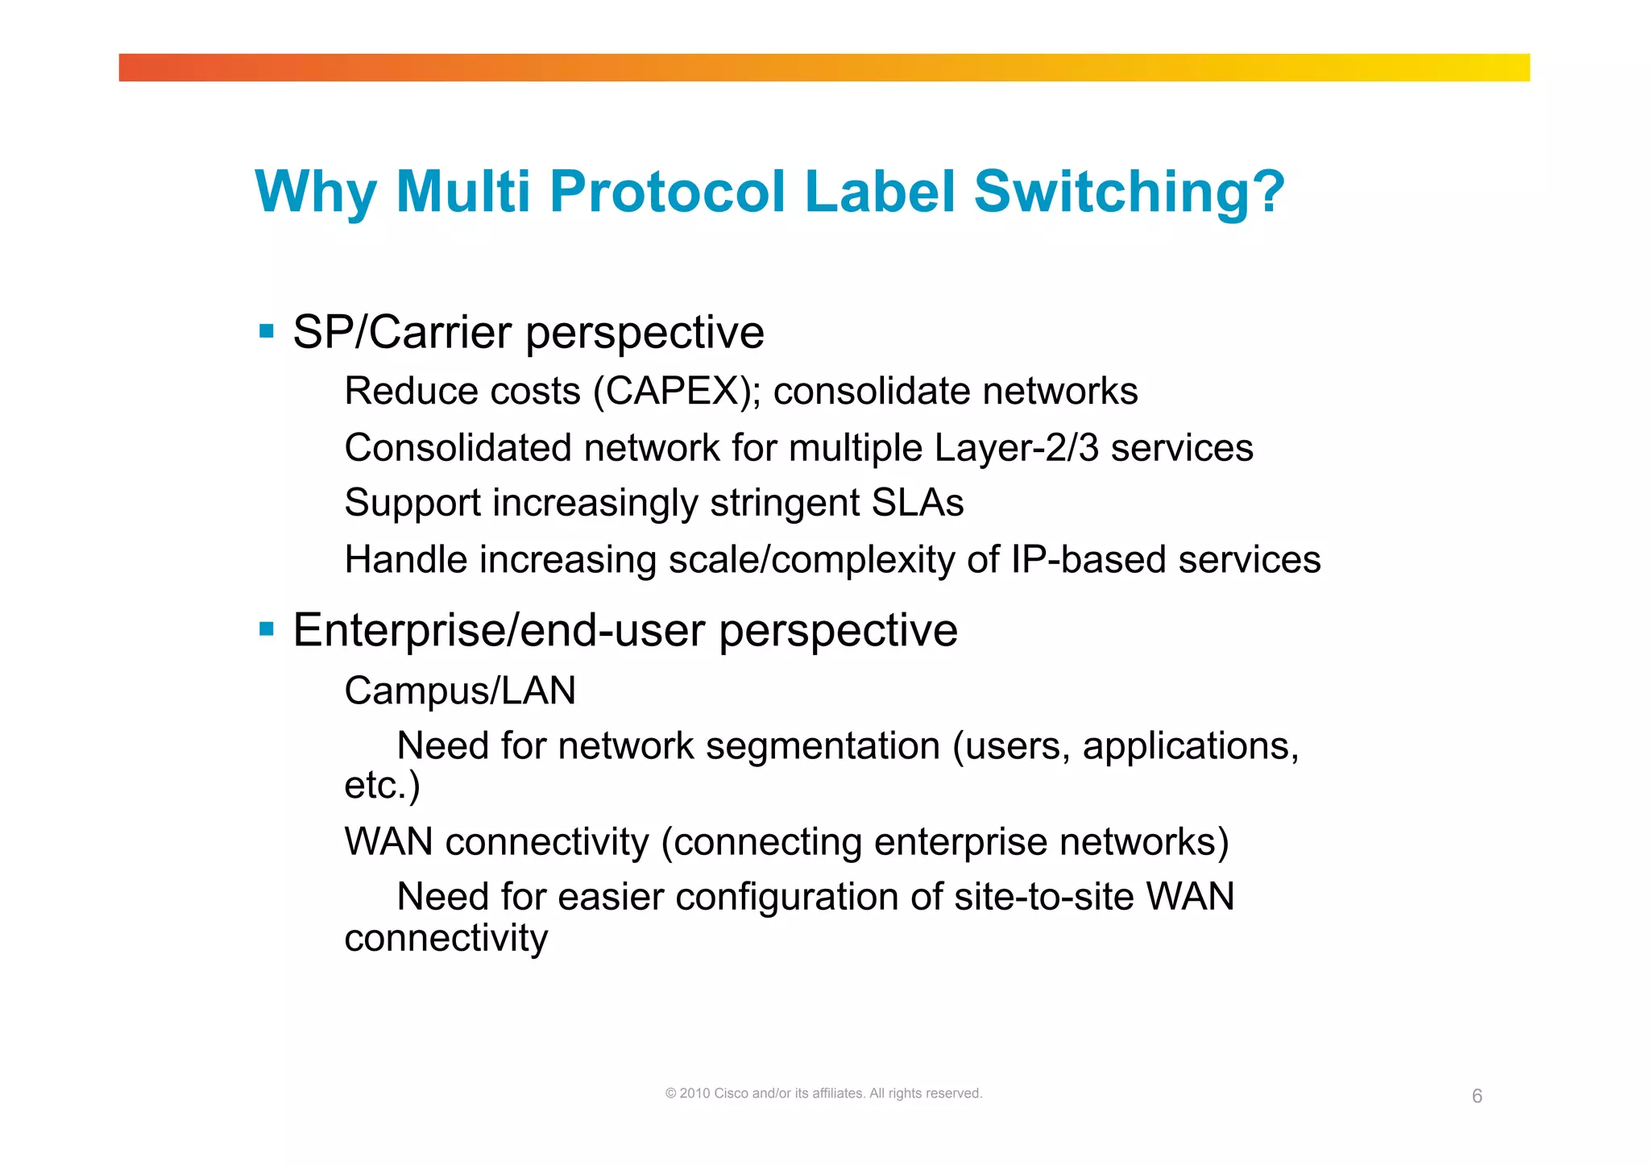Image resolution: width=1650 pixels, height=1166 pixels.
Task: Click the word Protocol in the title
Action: point(667,192)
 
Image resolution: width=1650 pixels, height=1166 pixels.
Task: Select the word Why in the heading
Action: point(316,193)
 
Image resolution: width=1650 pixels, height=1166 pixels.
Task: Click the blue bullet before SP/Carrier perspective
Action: point(267,330)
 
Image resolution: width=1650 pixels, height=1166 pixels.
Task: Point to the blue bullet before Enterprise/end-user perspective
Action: point(267,628)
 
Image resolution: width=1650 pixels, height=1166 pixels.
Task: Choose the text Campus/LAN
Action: point(460,691)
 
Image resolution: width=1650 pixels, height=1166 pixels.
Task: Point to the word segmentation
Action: point(823,747)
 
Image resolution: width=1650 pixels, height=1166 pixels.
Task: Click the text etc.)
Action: point(382,786)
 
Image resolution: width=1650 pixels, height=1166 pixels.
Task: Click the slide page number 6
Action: point(1477,1096)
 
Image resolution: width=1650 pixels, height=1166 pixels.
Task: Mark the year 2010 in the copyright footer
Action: point(694,1093)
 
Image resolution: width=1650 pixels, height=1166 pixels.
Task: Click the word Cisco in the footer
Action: point(732,1093)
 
